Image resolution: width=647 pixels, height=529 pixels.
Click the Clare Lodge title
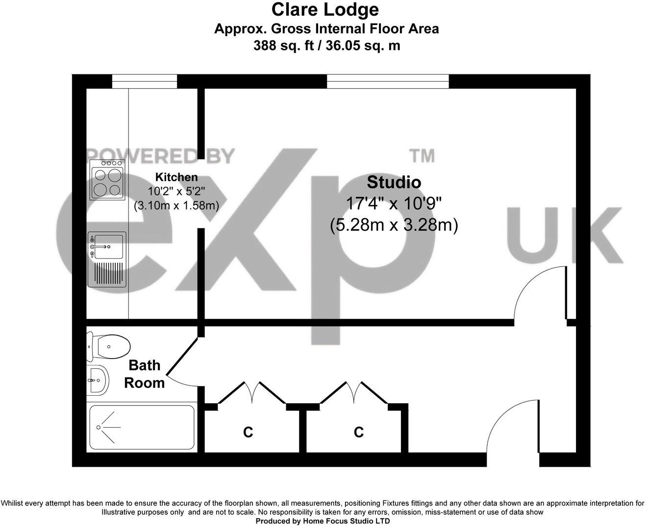pyautogui.click(x=325, y=9)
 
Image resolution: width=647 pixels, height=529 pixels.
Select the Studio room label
pyautogui.click(x=394, y=182)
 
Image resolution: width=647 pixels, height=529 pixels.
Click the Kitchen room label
pyautogui.click(x=176, y=177)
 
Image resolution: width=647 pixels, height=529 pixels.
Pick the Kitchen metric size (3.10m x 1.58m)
pyautogui.click(x=176, y=206)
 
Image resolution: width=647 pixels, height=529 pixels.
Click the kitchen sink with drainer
pyautogui.click(x=107, y=259)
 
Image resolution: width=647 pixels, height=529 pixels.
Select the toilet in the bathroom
pyautogui.click(x=108, y=345)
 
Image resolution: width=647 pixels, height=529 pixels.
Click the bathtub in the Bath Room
pyautogui.click(x=141, y=427)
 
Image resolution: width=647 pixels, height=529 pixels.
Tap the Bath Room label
pyautogui.click(x=144, y=374)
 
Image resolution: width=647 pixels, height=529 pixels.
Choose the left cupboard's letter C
pyautogui.click(x=248, y=432)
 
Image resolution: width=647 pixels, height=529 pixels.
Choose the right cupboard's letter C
pyautogui.click(x=359, y=432)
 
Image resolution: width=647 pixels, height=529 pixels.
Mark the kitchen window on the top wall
pyautogui.click(x=144, y=81)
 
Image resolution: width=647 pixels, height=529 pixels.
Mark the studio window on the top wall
pyautogui.click(x=387, y=81)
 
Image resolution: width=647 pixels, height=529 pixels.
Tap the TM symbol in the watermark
pyautogui.click(x=422, y=155)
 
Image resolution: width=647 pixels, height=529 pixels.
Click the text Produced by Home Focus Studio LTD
pyautogui.click(x=323, y=521)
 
